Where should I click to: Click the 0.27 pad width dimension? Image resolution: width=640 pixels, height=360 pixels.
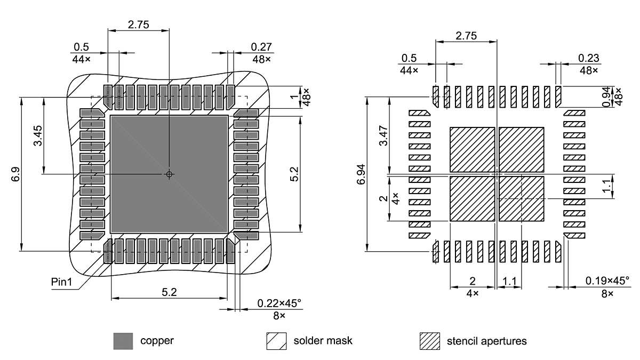(261, 47)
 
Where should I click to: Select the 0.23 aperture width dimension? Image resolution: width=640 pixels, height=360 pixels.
(588, 58)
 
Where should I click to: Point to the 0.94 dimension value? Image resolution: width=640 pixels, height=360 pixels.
(607, 96)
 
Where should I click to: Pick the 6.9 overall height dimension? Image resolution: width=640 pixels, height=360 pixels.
(14, 174)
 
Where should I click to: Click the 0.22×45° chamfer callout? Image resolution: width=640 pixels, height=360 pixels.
(279, 303)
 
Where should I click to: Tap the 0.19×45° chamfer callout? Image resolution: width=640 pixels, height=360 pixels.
(607, 281)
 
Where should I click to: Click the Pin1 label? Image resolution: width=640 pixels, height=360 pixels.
(61, 281)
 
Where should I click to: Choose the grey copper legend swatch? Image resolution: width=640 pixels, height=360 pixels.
(123, 341)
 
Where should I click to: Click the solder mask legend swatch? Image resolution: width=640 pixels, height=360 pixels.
(276, 341)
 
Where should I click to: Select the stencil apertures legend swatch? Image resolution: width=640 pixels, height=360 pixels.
(430, 341)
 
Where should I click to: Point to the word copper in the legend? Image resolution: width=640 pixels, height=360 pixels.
(157, 341)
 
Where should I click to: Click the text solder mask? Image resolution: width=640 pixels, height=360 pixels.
(323, 341)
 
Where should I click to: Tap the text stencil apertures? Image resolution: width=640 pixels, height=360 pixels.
(486, 341)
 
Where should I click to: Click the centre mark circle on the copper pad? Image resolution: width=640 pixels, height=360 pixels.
(169, 174)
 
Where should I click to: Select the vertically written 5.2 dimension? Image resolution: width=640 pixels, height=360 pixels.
(295, 174)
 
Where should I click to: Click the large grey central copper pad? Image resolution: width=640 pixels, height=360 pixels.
(139, 203)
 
